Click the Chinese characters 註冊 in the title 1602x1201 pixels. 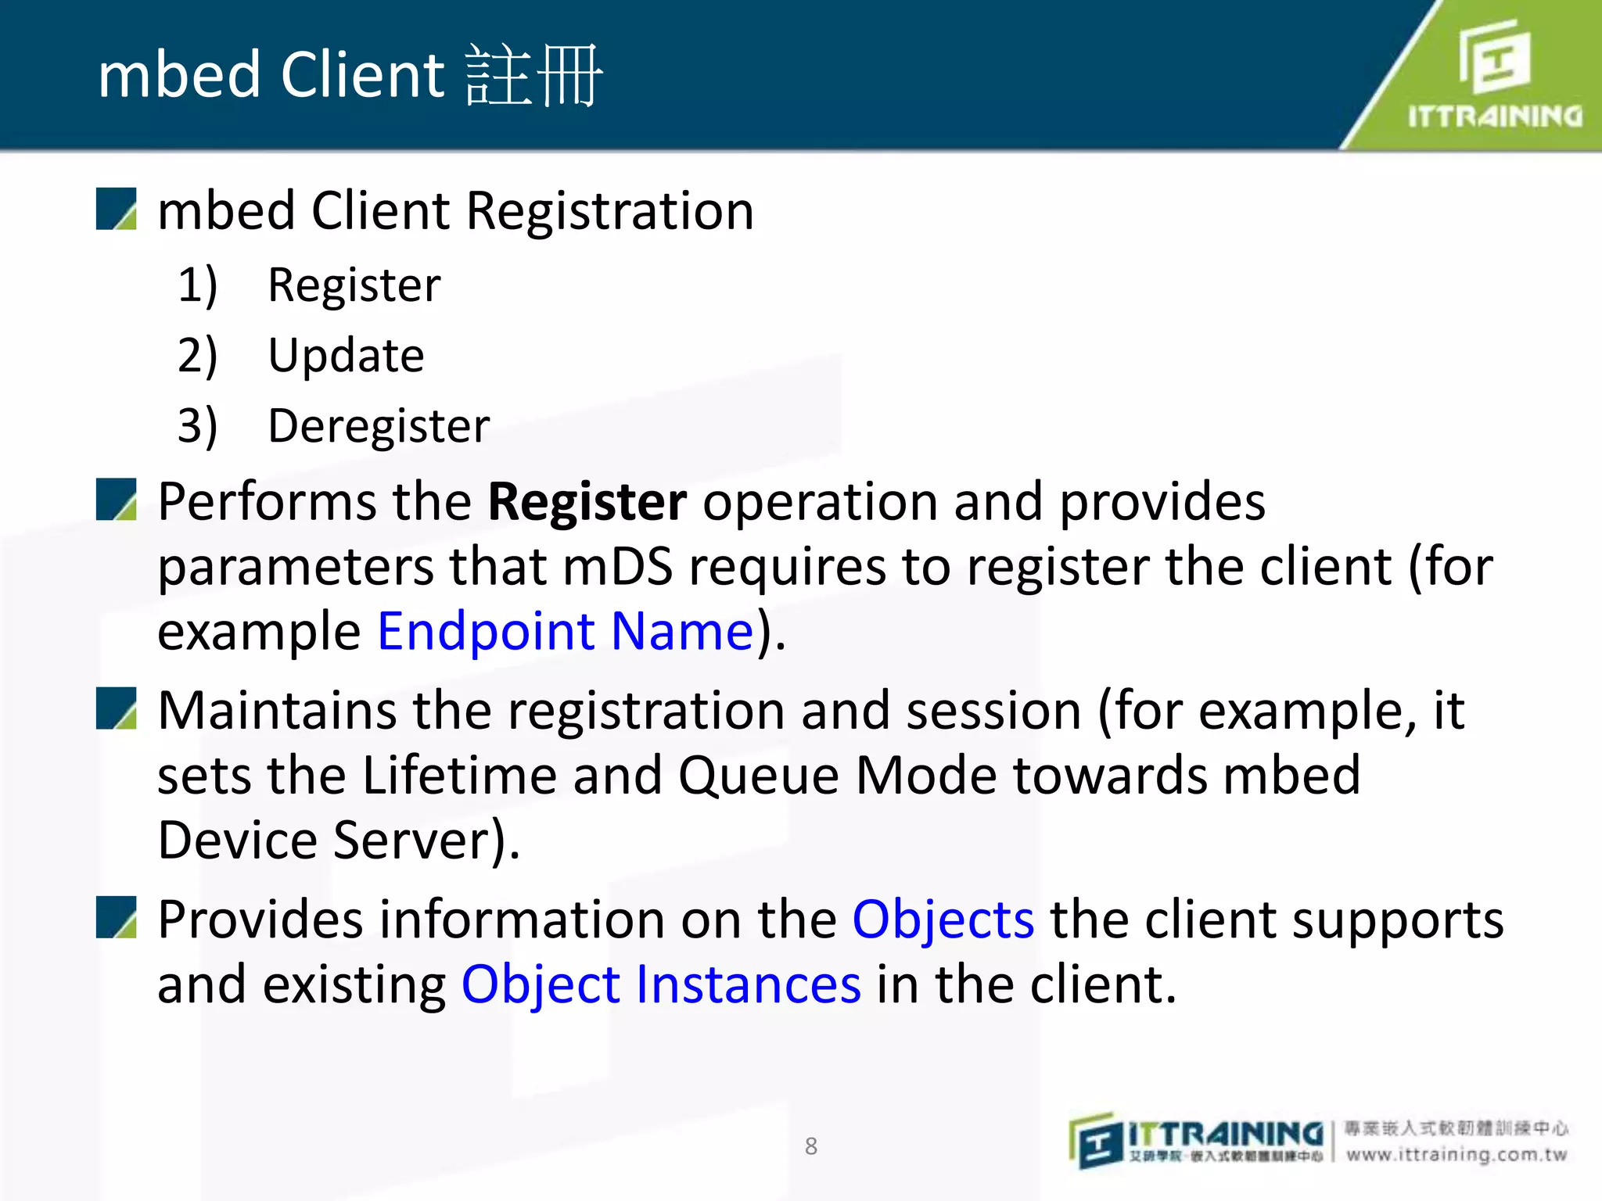[x=533, y=76]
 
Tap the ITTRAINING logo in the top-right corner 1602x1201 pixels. [x=1494, y=74]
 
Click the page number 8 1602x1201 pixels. [x=811, y=1146]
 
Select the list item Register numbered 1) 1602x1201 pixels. [x=354, y=285]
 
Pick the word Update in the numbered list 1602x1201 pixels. [x=346, y=356]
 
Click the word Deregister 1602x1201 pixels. [x=379, y=426]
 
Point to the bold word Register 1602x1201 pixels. [x=587, y=501]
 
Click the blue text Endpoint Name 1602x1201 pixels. [x=565, y=631]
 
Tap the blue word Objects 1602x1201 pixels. [x=943, y=920]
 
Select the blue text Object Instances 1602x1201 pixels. [x=661, y=984]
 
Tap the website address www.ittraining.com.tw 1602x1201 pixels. [x=1457, y=1155]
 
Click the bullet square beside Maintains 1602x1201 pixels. [x=117, y=708]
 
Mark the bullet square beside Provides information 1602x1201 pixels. [x=117, y=917]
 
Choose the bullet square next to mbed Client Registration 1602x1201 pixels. [x=117, y=209]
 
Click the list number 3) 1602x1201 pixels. [x=197, y=426]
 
